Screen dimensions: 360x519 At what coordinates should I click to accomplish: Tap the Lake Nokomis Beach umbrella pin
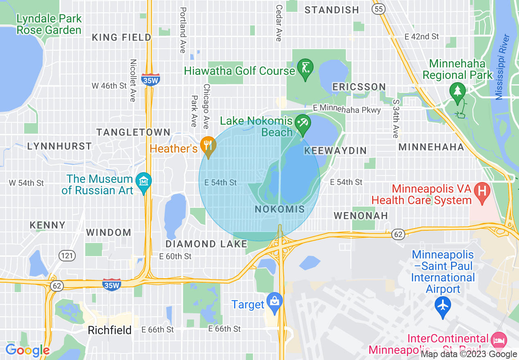click(x=303, y=123)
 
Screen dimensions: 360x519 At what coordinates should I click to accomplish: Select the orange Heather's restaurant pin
click(x=209, y=145)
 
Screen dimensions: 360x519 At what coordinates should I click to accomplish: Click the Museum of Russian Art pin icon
click(x=144, y=181)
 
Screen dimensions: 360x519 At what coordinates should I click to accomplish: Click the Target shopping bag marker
click(x=274, y=302)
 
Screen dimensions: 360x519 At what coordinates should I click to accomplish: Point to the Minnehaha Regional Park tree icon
click(x=457, y=91)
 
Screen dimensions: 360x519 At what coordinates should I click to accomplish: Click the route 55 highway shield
click(x=379, y=8)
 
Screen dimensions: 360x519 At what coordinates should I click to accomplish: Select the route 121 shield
click(x=67, y=256)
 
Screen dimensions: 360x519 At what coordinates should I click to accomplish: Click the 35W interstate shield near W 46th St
click(x=149, y=80)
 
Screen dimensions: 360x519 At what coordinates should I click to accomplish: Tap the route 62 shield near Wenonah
click(x=397, y=234)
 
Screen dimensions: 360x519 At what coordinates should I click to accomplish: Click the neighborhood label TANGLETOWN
click(x=133, y=132)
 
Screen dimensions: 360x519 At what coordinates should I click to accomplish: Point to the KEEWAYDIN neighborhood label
click(x=335, y=151)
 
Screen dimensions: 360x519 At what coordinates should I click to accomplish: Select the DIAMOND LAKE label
click(x=206, y=244)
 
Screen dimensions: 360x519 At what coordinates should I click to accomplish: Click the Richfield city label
click(x=110, y=331)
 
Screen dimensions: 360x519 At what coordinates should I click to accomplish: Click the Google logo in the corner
click(x=27, y=350)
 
